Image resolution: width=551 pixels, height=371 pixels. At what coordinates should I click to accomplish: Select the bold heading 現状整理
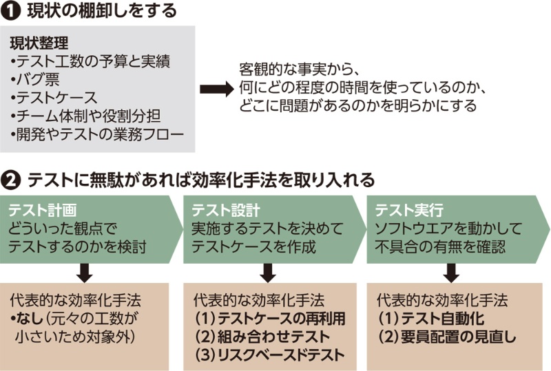pos(39,44)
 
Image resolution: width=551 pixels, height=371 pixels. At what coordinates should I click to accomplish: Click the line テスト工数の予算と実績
pos(90,61)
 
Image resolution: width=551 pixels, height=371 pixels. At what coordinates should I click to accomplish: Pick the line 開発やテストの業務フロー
pos(97,133)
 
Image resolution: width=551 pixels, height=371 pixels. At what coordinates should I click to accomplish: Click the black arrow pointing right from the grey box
pos(216,88)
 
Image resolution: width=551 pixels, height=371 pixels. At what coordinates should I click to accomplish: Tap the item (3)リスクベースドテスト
pos(269,355)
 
